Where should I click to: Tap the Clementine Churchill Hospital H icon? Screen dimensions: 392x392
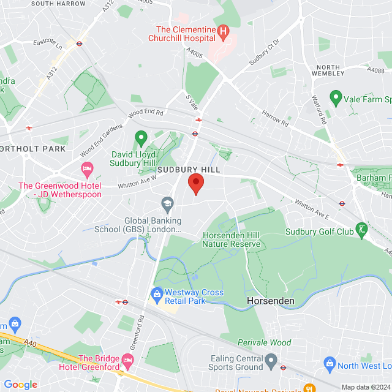click(224, 29)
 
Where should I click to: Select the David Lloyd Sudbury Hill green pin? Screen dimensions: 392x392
click(141, 138)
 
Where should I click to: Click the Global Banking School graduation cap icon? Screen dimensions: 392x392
click(167, 203)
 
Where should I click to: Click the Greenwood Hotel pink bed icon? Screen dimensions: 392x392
click(87, 167)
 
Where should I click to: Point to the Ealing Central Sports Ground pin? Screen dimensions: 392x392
click(271, 360)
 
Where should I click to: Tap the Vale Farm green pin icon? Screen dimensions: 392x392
click(336, 97)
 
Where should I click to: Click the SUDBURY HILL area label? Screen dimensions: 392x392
click(189, 169)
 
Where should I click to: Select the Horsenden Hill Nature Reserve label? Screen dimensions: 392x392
click(232, 240)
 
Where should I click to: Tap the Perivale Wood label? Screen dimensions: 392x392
click(265, 342)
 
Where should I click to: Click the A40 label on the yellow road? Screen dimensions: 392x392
click(32, 345)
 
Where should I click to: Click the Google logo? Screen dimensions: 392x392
click(20, 385)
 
